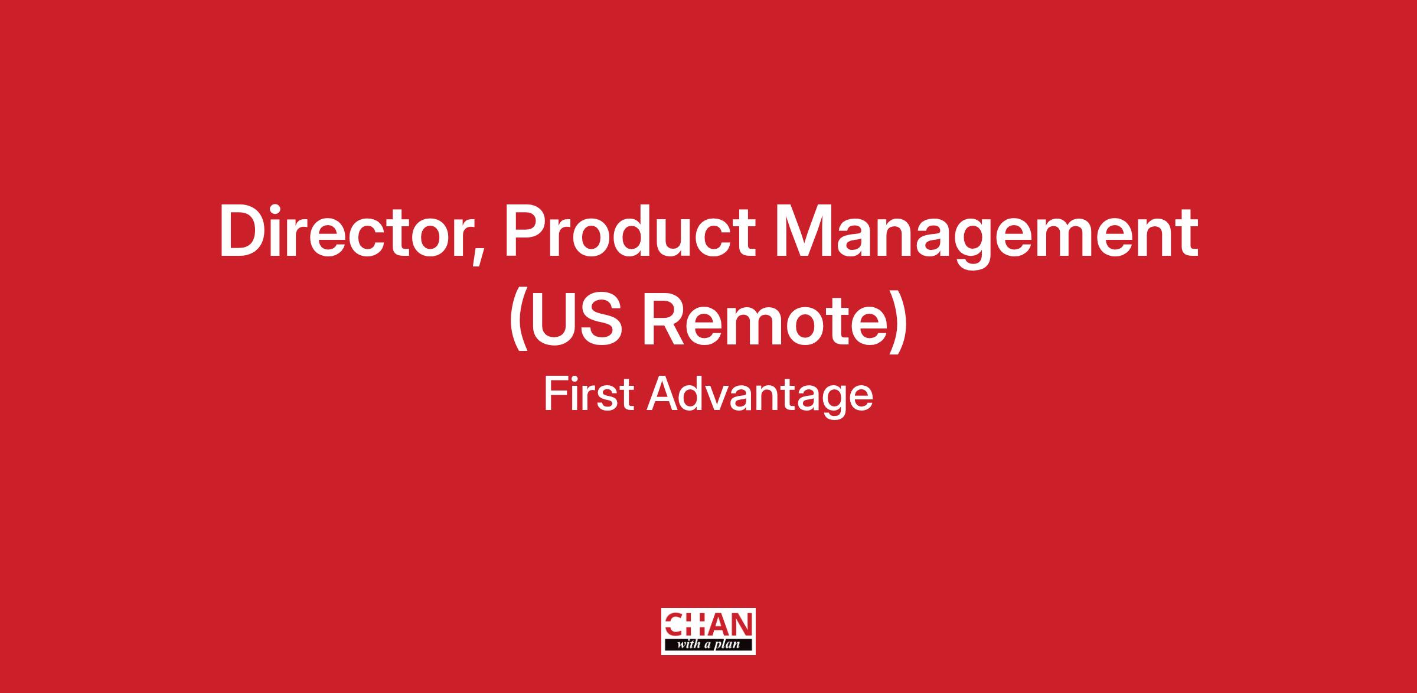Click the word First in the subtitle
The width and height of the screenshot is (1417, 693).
pyautogui.click(x=589, y=394)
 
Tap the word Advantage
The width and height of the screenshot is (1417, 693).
pyautogui.click(x=760, y=398)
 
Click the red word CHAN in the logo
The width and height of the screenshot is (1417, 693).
pyautogui.click(x=708, y=624)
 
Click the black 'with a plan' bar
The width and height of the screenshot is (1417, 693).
pyautogui.click(x=708, y=645)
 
